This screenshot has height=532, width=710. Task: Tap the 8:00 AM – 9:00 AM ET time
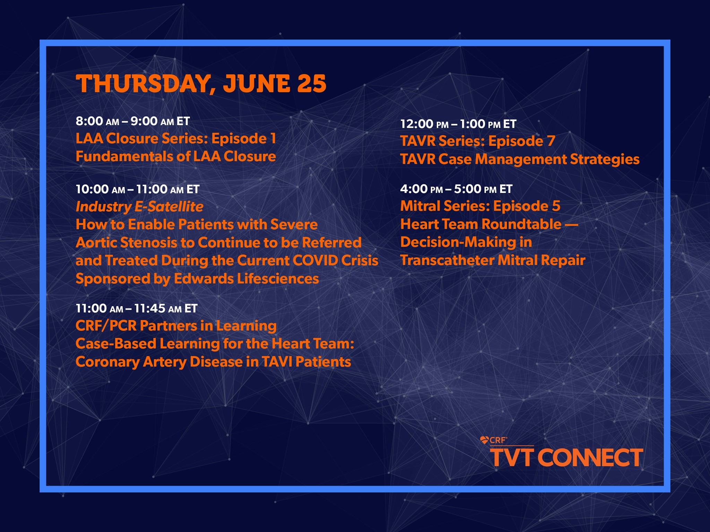[133, 121]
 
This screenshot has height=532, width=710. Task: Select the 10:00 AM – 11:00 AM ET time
[138, 189]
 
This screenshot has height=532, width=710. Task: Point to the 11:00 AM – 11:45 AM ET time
[137, 309]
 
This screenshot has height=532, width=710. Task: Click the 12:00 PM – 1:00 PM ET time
[458, 124]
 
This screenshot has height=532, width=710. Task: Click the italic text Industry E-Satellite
[139, 207]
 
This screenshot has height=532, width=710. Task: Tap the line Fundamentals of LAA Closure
[176, 157]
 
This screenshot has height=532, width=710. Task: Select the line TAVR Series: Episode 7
[478, 141]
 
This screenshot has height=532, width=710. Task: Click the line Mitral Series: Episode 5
[480, 206]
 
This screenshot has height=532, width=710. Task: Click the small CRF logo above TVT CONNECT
[494, 440]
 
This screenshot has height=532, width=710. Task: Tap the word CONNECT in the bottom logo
[592, 458]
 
